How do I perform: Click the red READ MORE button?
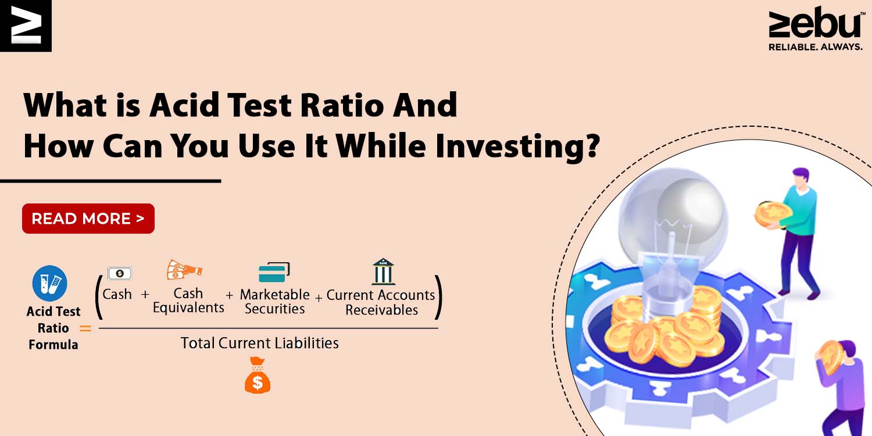click(88, 219)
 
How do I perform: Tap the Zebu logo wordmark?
click(815, 24)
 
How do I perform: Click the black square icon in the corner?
click(26, 26)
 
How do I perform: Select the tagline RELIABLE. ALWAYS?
click(816, 47)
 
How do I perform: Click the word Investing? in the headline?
click(517, 146)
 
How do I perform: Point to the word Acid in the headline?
click(184, 105)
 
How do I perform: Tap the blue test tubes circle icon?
click(50, 283)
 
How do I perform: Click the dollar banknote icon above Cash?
click(120, 273)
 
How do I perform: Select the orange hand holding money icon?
click(184, 269)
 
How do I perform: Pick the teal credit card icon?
click(274, 272)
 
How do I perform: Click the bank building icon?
click(384, 271)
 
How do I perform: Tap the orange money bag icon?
click(258, 375)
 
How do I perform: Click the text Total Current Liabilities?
click(260, 343)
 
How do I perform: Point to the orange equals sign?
click(85, 328)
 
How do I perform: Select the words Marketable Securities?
click(274, 301)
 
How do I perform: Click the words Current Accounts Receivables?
click(381, 302)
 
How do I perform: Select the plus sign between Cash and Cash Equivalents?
click(145, 294)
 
